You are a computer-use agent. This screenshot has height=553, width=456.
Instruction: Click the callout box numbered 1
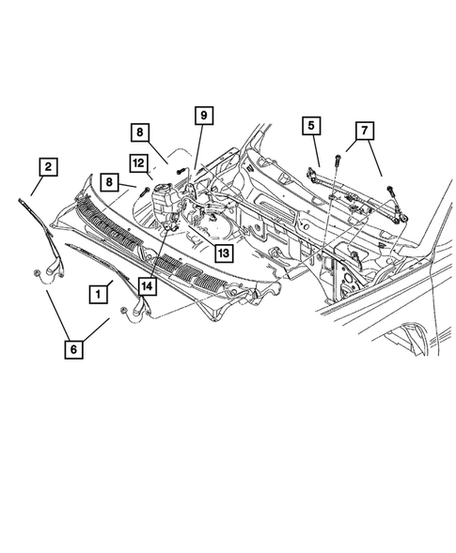(97, 294)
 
